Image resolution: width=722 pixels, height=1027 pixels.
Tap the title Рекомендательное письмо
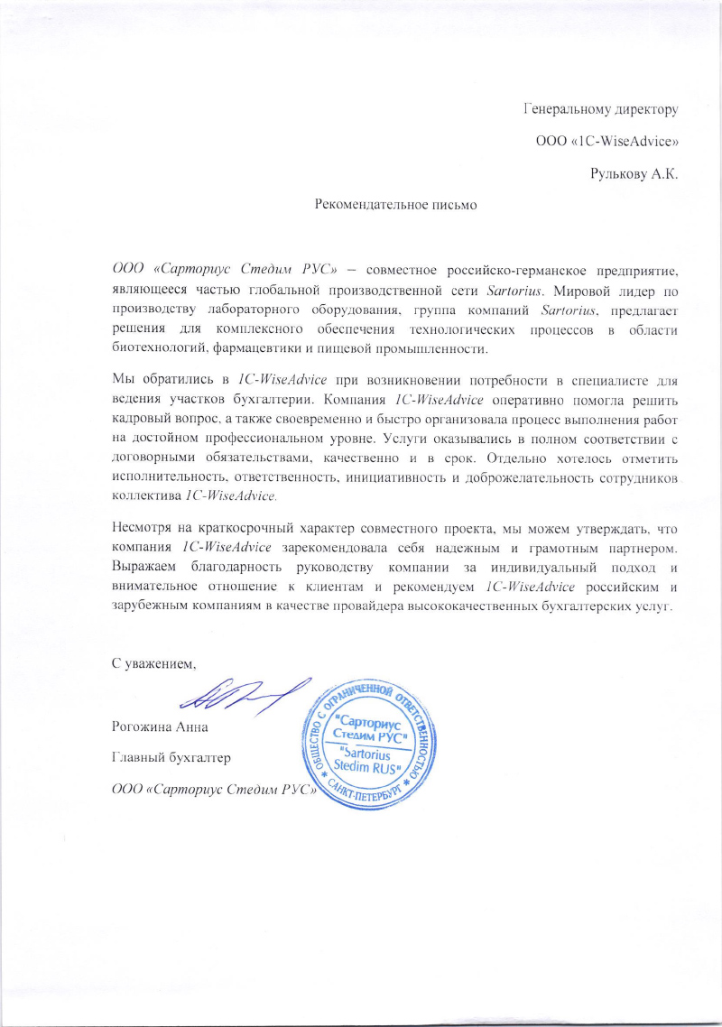tap(394, 205)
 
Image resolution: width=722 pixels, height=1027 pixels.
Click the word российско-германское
tap(508, 270)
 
